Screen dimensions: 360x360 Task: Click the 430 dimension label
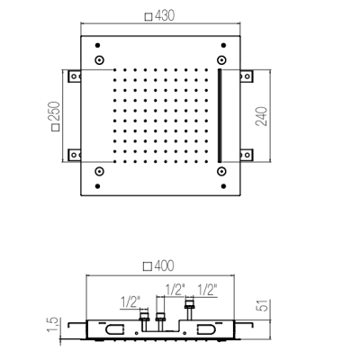[165, 15]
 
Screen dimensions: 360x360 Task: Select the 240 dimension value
[261, 116]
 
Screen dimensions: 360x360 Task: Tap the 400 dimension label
[164, 265]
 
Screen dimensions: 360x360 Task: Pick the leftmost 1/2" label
[130, 302]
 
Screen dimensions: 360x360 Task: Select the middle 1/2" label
[175, 290]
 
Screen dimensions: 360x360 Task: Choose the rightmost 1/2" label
[207, 290]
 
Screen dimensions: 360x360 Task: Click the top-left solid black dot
[97, 45]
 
